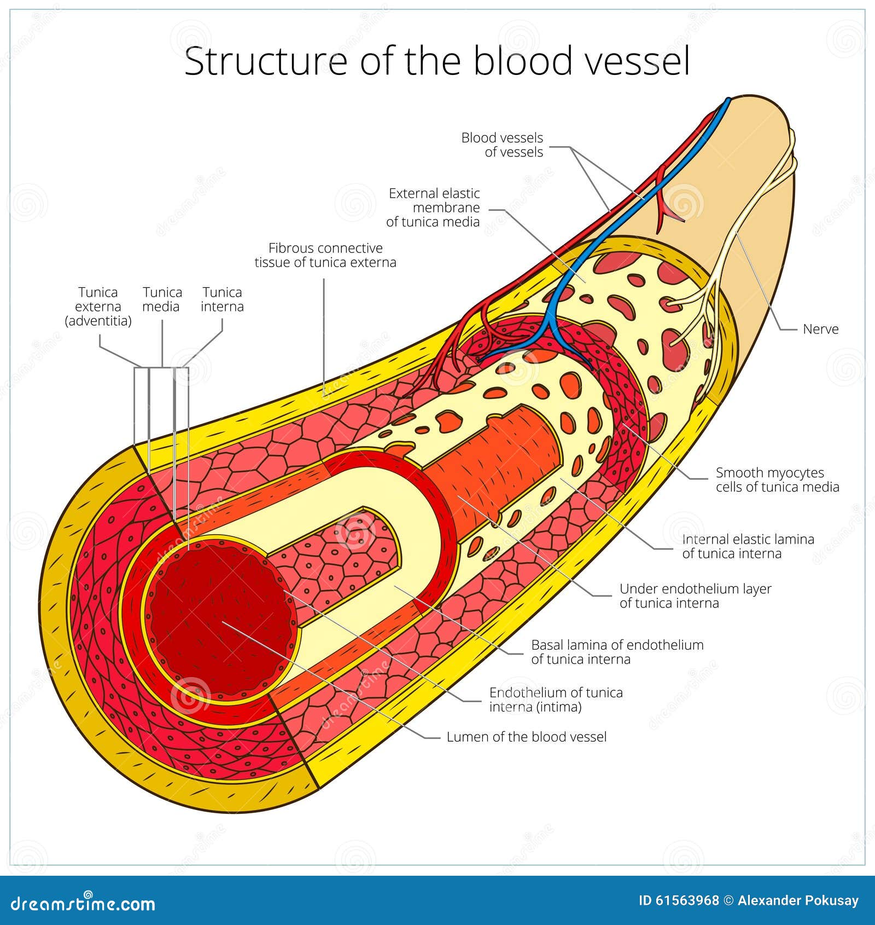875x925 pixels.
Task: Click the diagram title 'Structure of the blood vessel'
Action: [436, 61]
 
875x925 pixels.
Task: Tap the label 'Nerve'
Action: [820, 329]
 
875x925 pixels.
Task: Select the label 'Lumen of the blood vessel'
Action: [526, 737]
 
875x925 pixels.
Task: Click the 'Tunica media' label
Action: [162, 299]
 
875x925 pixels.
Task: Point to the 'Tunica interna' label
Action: [222, 299]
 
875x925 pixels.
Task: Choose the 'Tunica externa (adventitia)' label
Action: [98, 307]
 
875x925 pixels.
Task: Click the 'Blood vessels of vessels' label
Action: [502, 144]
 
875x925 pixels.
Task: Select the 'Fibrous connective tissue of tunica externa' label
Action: [325, 255]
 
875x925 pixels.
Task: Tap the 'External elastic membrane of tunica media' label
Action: [434, 207]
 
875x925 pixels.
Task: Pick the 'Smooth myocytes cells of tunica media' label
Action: [777, 479]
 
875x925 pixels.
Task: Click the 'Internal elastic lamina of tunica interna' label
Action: [748, 546]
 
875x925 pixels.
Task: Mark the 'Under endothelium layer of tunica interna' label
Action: [695, 596]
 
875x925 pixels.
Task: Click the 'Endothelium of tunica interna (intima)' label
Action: [556, 699]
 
